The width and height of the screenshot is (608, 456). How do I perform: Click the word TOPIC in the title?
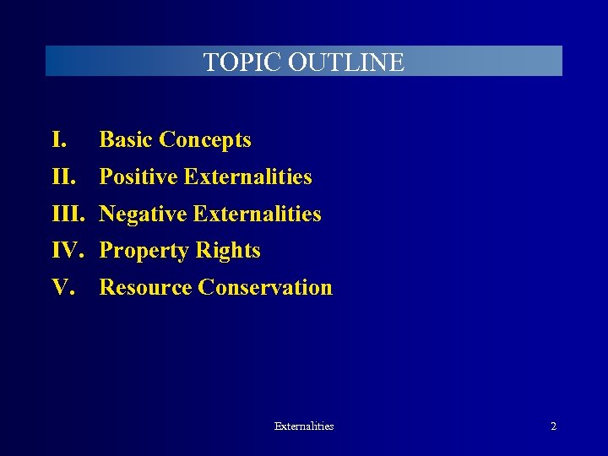[242, 62]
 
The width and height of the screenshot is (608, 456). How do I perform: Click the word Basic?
[125, 139]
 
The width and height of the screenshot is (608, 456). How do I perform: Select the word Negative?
[143, 214]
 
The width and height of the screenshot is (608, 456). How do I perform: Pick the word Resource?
[145, 288]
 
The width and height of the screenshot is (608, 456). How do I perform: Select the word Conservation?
[265, 288]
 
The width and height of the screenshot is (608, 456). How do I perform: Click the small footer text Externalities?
[304, 426]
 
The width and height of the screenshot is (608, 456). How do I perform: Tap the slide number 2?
[553, 426]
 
